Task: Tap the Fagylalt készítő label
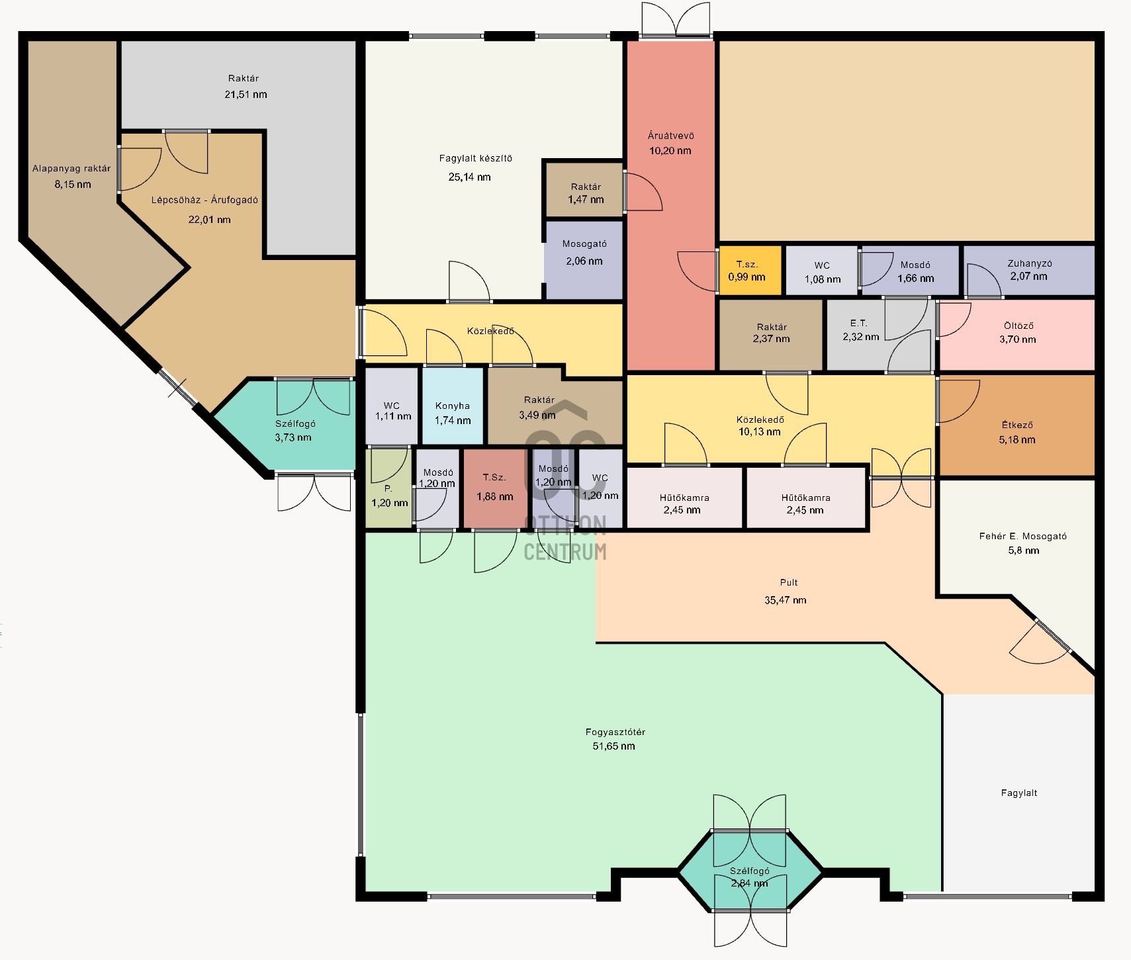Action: (x=475, y=159)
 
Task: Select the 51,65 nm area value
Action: (x=613, y=746)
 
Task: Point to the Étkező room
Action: (x=1017, y=425)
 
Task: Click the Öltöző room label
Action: (x=1018, y=326)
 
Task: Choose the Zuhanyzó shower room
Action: (x=1029, y=270)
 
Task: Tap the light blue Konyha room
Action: (x=453, y=406)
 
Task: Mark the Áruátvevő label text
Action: (x=670, y=136)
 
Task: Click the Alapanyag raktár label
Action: (x=71, y=169)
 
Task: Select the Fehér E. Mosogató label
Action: (x=1023, y=537)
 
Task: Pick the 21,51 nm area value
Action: (x=246, y=95)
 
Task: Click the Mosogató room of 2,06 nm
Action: (x=584, y=259)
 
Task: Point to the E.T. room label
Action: (x=858, y=324)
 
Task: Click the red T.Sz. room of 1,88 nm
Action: (x=495, y=488)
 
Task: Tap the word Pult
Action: (x=789, y=583)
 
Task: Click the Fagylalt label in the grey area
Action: (x=1019, y=793)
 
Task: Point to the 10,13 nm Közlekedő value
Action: (x=760, y=432)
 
